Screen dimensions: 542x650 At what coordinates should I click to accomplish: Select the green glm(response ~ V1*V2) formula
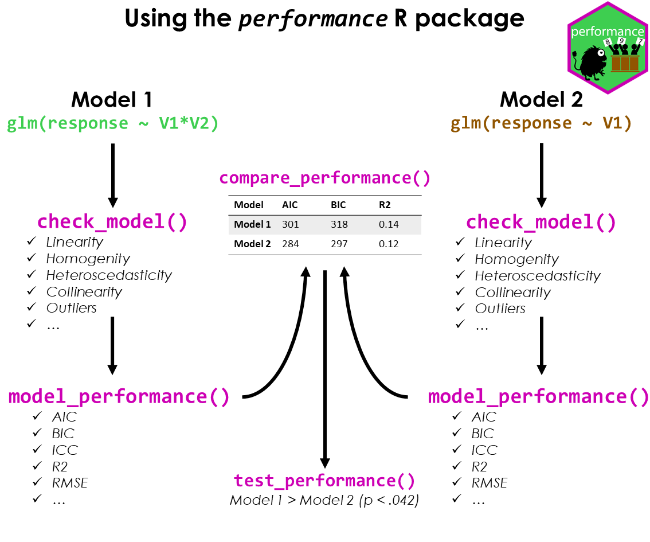(x=113, y=124)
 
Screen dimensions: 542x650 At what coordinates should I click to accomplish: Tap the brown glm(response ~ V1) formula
(x=541, y=124)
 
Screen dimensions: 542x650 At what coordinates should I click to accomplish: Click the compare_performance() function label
(x=325, y=178)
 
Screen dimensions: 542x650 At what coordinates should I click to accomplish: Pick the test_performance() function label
(x=324, y=481)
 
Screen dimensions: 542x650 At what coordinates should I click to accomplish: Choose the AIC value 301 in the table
(x=291, y=224)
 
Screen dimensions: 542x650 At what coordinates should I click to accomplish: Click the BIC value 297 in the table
(x=339, y=244)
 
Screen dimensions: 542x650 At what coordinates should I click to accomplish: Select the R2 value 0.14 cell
(x=389, y=224)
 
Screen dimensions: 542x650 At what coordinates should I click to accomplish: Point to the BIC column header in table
(x=338, y=205)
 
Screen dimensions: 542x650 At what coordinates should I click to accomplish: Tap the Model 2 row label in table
(x=252, y=244)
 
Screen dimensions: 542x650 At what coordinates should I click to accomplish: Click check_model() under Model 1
(x=112, y=222)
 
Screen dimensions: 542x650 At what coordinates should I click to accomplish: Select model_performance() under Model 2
(x=539, y=396)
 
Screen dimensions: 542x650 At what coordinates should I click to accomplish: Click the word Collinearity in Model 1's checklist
(x=84, y=292)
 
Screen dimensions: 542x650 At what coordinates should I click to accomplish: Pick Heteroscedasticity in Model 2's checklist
(x=538, y=276)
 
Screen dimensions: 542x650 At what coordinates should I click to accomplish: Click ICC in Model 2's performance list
(x=484, y=450)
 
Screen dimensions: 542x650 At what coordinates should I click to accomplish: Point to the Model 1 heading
(x=112, y=100)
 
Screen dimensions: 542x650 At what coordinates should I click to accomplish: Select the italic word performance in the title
(x=314, y=19)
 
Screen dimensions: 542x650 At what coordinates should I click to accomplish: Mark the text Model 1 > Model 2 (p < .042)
(x=324, y=500)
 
